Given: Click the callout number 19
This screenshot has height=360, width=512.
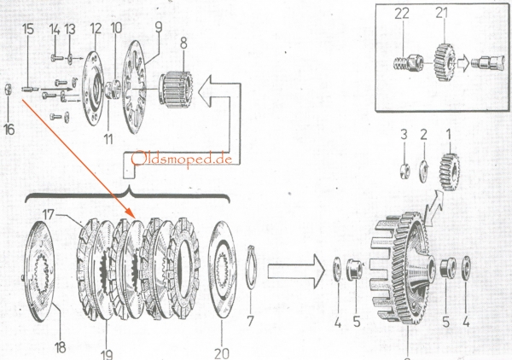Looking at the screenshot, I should (106, 350).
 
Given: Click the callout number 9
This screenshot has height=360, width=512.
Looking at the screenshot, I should (156, 27).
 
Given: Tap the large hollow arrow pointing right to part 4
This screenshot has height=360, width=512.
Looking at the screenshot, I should (294, 272).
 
